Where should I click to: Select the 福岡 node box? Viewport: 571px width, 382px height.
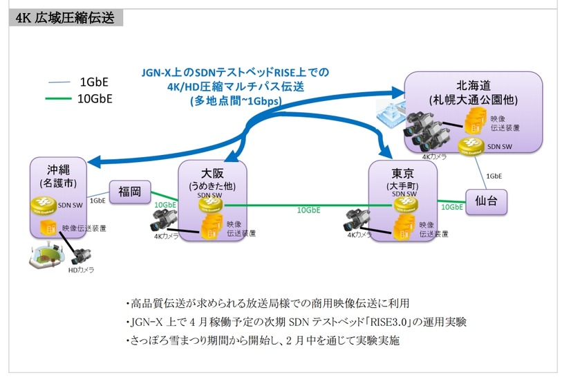[x=129, y=192]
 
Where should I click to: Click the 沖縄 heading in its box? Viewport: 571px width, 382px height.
[x=59, y=170]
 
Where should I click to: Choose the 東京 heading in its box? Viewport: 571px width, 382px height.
[x=404, y=172]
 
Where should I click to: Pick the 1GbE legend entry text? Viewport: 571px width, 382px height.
[x=94, y=80]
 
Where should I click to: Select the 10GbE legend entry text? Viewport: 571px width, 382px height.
[x=96, y=98]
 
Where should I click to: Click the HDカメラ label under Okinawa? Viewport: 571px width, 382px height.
[x=80, y=271]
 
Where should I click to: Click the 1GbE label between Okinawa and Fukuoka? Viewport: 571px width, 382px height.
[x=98, y=201]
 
